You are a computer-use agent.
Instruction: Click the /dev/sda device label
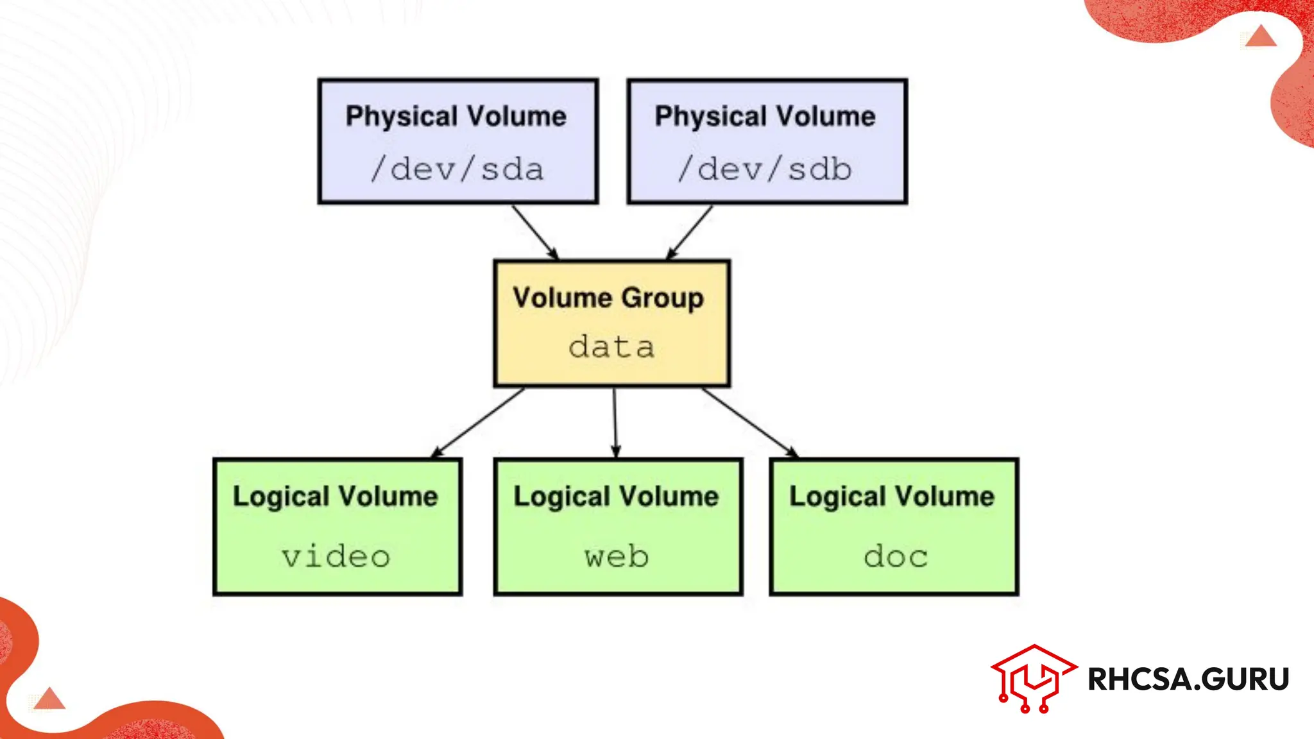point(457,169)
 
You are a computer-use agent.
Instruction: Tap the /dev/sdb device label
point(765,169)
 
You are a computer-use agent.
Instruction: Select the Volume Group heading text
point(608,298)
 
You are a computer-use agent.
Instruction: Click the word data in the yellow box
point(611,347)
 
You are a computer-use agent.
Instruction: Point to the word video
point(336,556)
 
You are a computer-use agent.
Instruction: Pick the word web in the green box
point(617,556)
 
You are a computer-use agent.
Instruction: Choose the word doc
point(896,556)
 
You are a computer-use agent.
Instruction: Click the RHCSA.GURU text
point(1188,679)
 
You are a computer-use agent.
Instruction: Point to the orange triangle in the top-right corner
point(1261,37)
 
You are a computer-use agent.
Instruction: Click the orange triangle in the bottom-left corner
point(49,699)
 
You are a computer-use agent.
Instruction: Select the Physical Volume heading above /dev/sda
point(456,117)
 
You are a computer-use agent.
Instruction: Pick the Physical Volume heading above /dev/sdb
point(765,117)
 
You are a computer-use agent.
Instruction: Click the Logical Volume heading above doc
point(892,497)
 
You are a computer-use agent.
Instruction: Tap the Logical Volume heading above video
point(336,497)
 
